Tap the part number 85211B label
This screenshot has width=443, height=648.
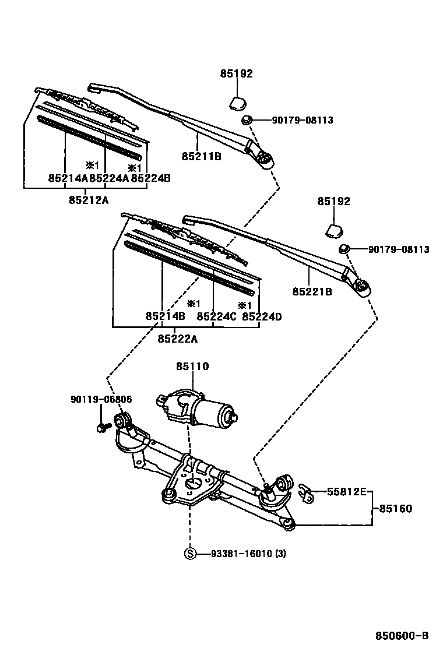(201, 156)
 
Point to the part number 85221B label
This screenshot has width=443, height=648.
(313, 291)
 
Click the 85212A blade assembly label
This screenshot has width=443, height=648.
(89, 200)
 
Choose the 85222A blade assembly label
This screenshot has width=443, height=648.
(177, 339)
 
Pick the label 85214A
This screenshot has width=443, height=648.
(68, 178)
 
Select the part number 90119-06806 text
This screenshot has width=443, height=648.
(101, 399)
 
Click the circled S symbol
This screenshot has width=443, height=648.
(189, 554)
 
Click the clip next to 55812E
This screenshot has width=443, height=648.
(306, 493)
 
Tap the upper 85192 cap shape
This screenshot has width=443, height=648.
(236, 103)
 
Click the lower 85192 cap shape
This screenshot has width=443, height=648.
(334, 229)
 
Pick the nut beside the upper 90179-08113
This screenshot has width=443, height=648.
(247, 120)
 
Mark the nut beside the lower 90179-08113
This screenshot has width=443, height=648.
(344, 249)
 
